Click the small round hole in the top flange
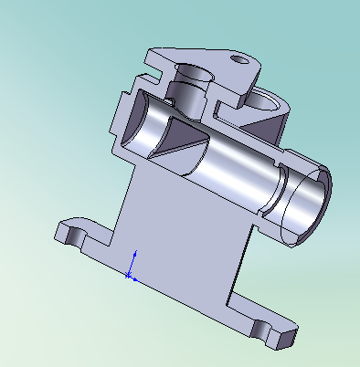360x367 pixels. point(241,60)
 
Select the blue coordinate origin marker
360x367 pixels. point(130,273)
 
